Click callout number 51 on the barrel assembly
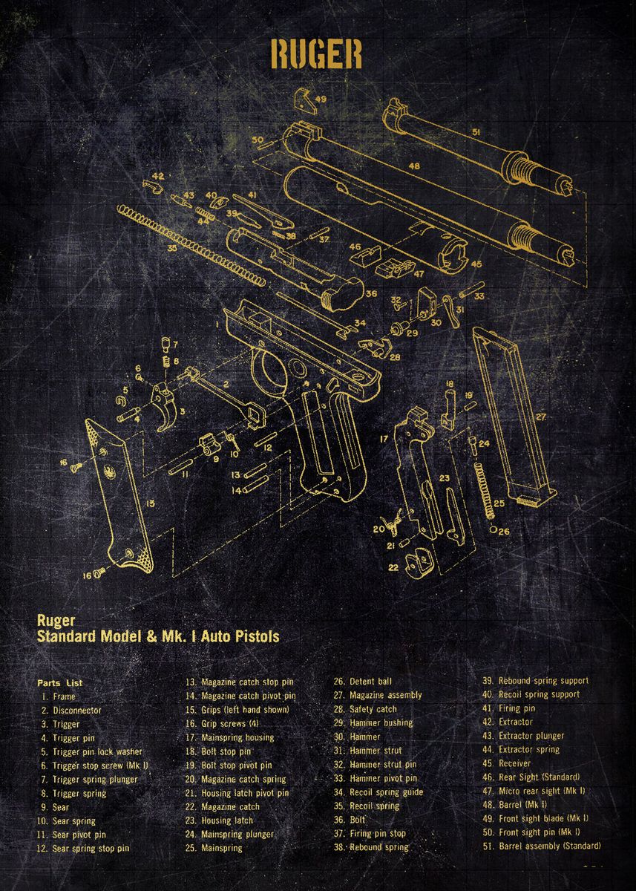click(x=476, y=131)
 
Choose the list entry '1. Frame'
click(x=59, y=696)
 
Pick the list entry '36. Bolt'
click(x=358, y=820)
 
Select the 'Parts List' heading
click(x=60, y=682)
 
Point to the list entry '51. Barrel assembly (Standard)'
click(x=541, y=846)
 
